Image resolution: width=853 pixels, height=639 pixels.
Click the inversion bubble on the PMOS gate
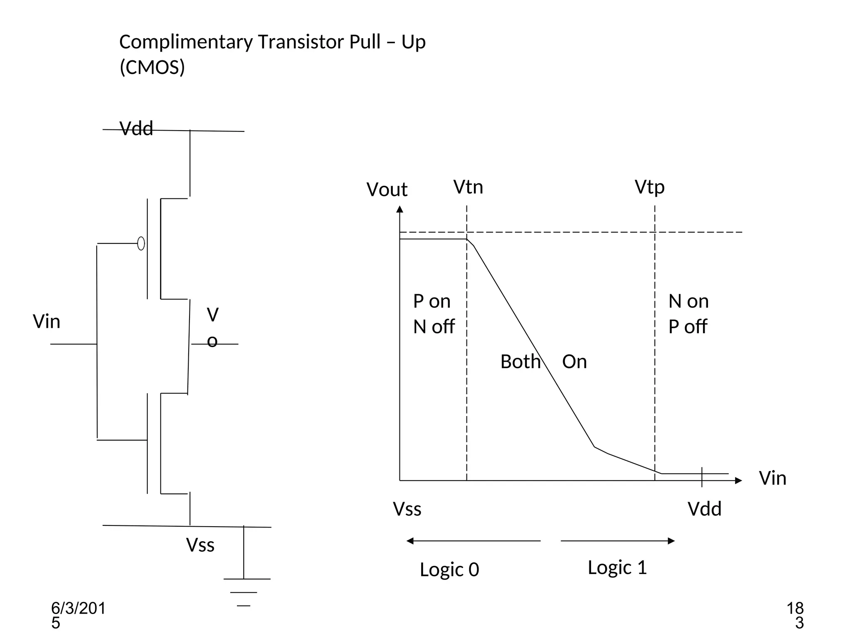(141, 243)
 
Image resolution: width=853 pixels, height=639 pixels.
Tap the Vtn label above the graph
(468, 187)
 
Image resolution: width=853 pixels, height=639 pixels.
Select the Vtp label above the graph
(649, 187)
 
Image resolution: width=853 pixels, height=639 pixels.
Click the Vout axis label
(387, 189)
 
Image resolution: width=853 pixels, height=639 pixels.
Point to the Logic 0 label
(449, 569)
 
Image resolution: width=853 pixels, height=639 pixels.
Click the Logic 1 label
(617, 567)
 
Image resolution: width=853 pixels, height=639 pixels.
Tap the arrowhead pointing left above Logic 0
(410, 541)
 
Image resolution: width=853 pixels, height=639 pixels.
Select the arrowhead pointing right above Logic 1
(671, 541)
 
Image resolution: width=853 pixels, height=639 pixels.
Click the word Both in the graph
(520, 361)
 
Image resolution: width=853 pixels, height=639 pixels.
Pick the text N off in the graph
(434, 327)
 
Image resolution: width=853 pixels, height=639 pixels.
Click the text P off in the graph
(687, 327)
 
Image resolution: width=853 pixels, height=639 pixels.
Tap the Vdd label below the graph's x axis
(704, 509)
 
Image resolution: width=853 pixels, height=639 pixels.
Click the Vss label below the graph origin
(407, 509)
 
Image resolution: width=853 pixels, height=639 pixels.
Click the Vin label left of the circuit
(47, 322)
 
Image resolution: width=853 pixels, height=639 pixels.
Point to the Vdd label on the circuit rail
(136, 129)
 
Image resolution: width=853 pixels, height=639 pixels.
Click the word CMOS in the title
(152, 67)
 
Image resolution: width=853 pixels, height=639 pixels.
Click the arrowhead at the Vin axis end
(738, 480)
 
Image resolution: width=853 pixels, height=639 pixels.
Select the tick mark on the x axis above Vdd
(702, 477)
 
